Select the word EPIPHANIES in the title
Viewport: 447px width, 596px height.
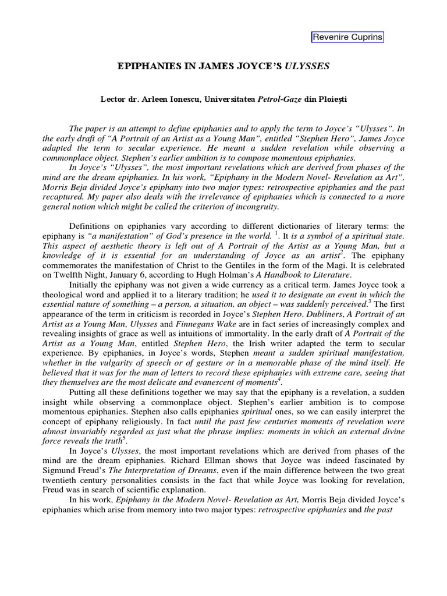tap(148, 67)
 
